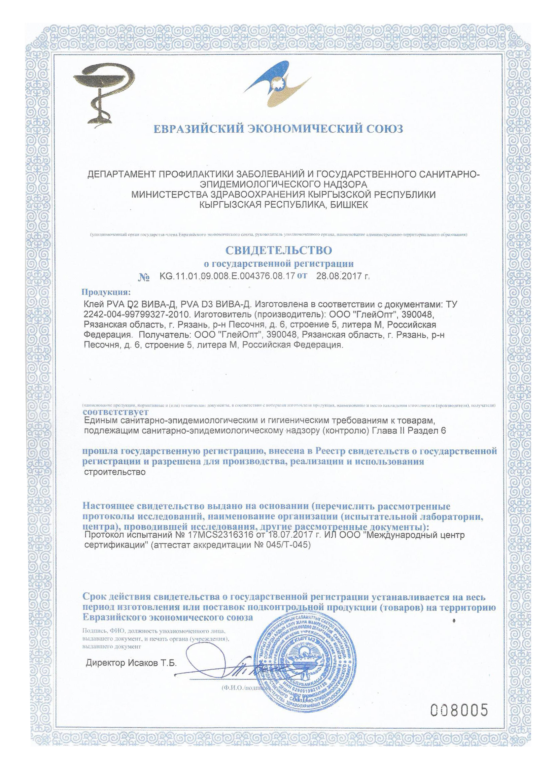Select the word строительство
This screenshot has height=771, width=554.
pyautogui.click(x=114, y=472)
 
